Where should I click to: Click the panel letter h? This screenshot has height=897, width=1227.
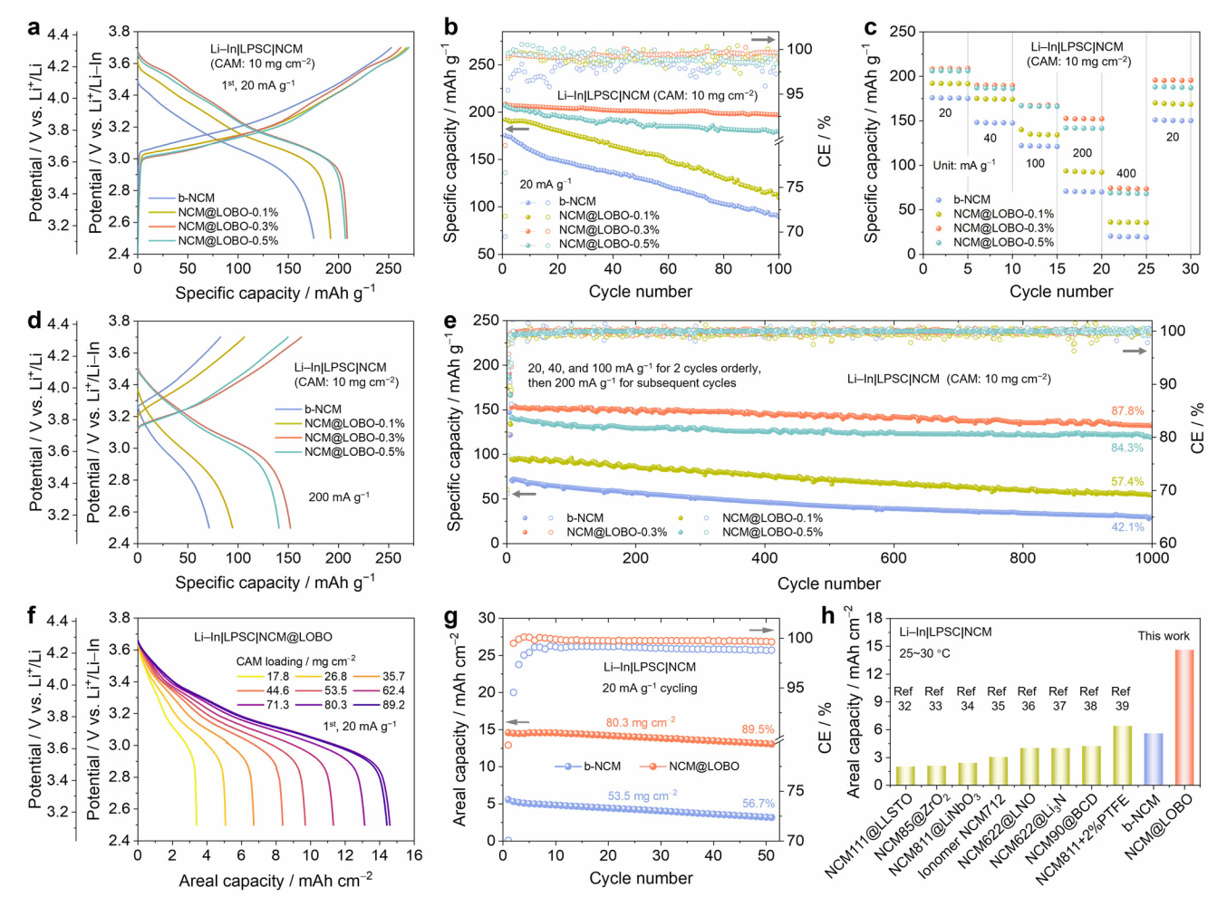point(827,616)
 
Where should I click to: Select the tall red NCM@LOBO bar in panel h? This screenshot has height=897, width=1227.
point(1184,716)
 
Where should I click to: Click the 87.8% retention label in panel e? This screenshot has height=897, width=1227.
point(1127,411)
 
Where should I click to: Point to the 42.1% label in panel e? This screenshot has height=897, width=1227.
point(1127,527)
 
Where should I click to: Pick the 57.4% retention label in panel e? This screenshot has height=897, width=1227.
point(1127,482)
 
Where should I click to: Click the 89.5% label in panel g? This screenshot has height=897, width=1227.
point(758,729)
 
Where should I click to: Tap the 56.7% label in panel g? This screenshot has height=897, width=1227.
point(758,804)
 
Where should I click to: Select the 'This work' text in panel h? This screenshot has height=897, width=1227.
point(1164,636)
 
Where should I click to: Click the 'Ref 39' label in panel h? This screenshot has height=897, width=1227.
point(1121,699)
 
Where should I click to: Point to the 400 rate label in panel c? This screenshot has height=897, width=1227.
point(1126,173)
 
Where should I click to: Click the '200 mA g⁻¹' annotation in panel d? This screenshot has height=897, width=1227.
point(339,497)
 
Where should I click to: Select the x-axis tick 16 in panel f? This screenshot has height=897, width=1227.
point(414,855)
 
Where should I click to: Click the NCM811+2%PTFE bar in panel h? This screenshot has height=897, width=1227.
point(1122,755)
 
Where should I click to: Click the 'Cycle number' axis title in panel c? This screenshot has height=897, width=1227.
point(1061,292)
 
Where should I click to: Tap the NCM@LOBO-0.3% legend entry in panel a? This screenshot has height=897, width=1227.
point(227,227)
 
